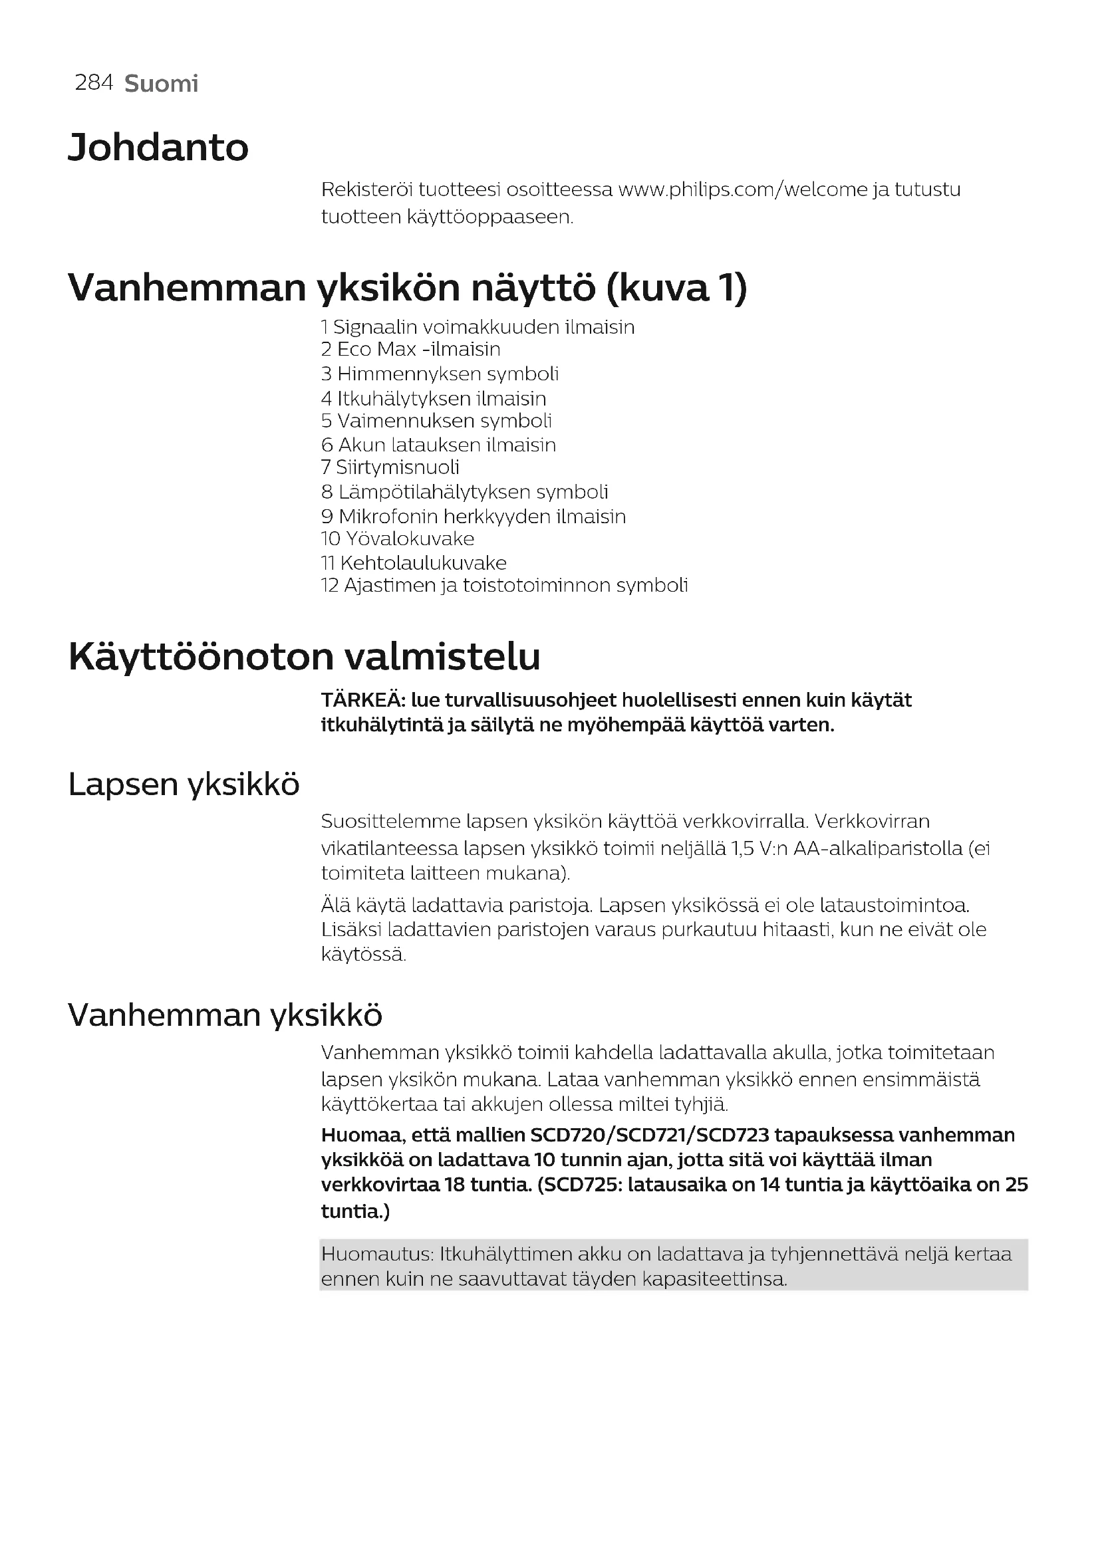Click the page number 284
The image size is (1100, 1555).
pos(94,82)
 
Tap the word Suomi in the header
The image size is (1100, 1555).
pos(161,84)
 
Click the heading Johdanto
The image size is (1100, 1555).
pos(158,148)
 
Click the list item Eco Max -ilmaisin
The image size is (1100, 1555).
pos(410,350)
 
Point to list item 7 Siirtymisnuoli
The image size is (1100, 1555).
pos(390,467)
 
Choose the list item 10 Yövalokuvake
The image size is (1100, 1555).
pos(398,539)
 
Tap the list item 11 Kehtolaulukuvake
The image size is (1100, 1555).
pos(414,563)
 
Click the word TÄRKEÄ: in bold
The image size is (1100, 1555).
pos(362,700)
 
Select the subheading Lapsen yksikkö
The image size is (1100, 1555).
pos(184,784)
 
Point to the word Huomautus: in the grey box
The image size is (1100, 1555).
pos(376,1255)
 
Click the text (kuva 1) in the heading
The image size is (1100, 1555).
pos(676,289)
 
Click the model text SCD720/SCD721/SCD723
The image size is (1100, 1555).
pos(650,1135)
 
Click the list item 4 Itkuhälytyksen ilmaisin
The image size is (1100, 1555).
pos(434,399)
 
